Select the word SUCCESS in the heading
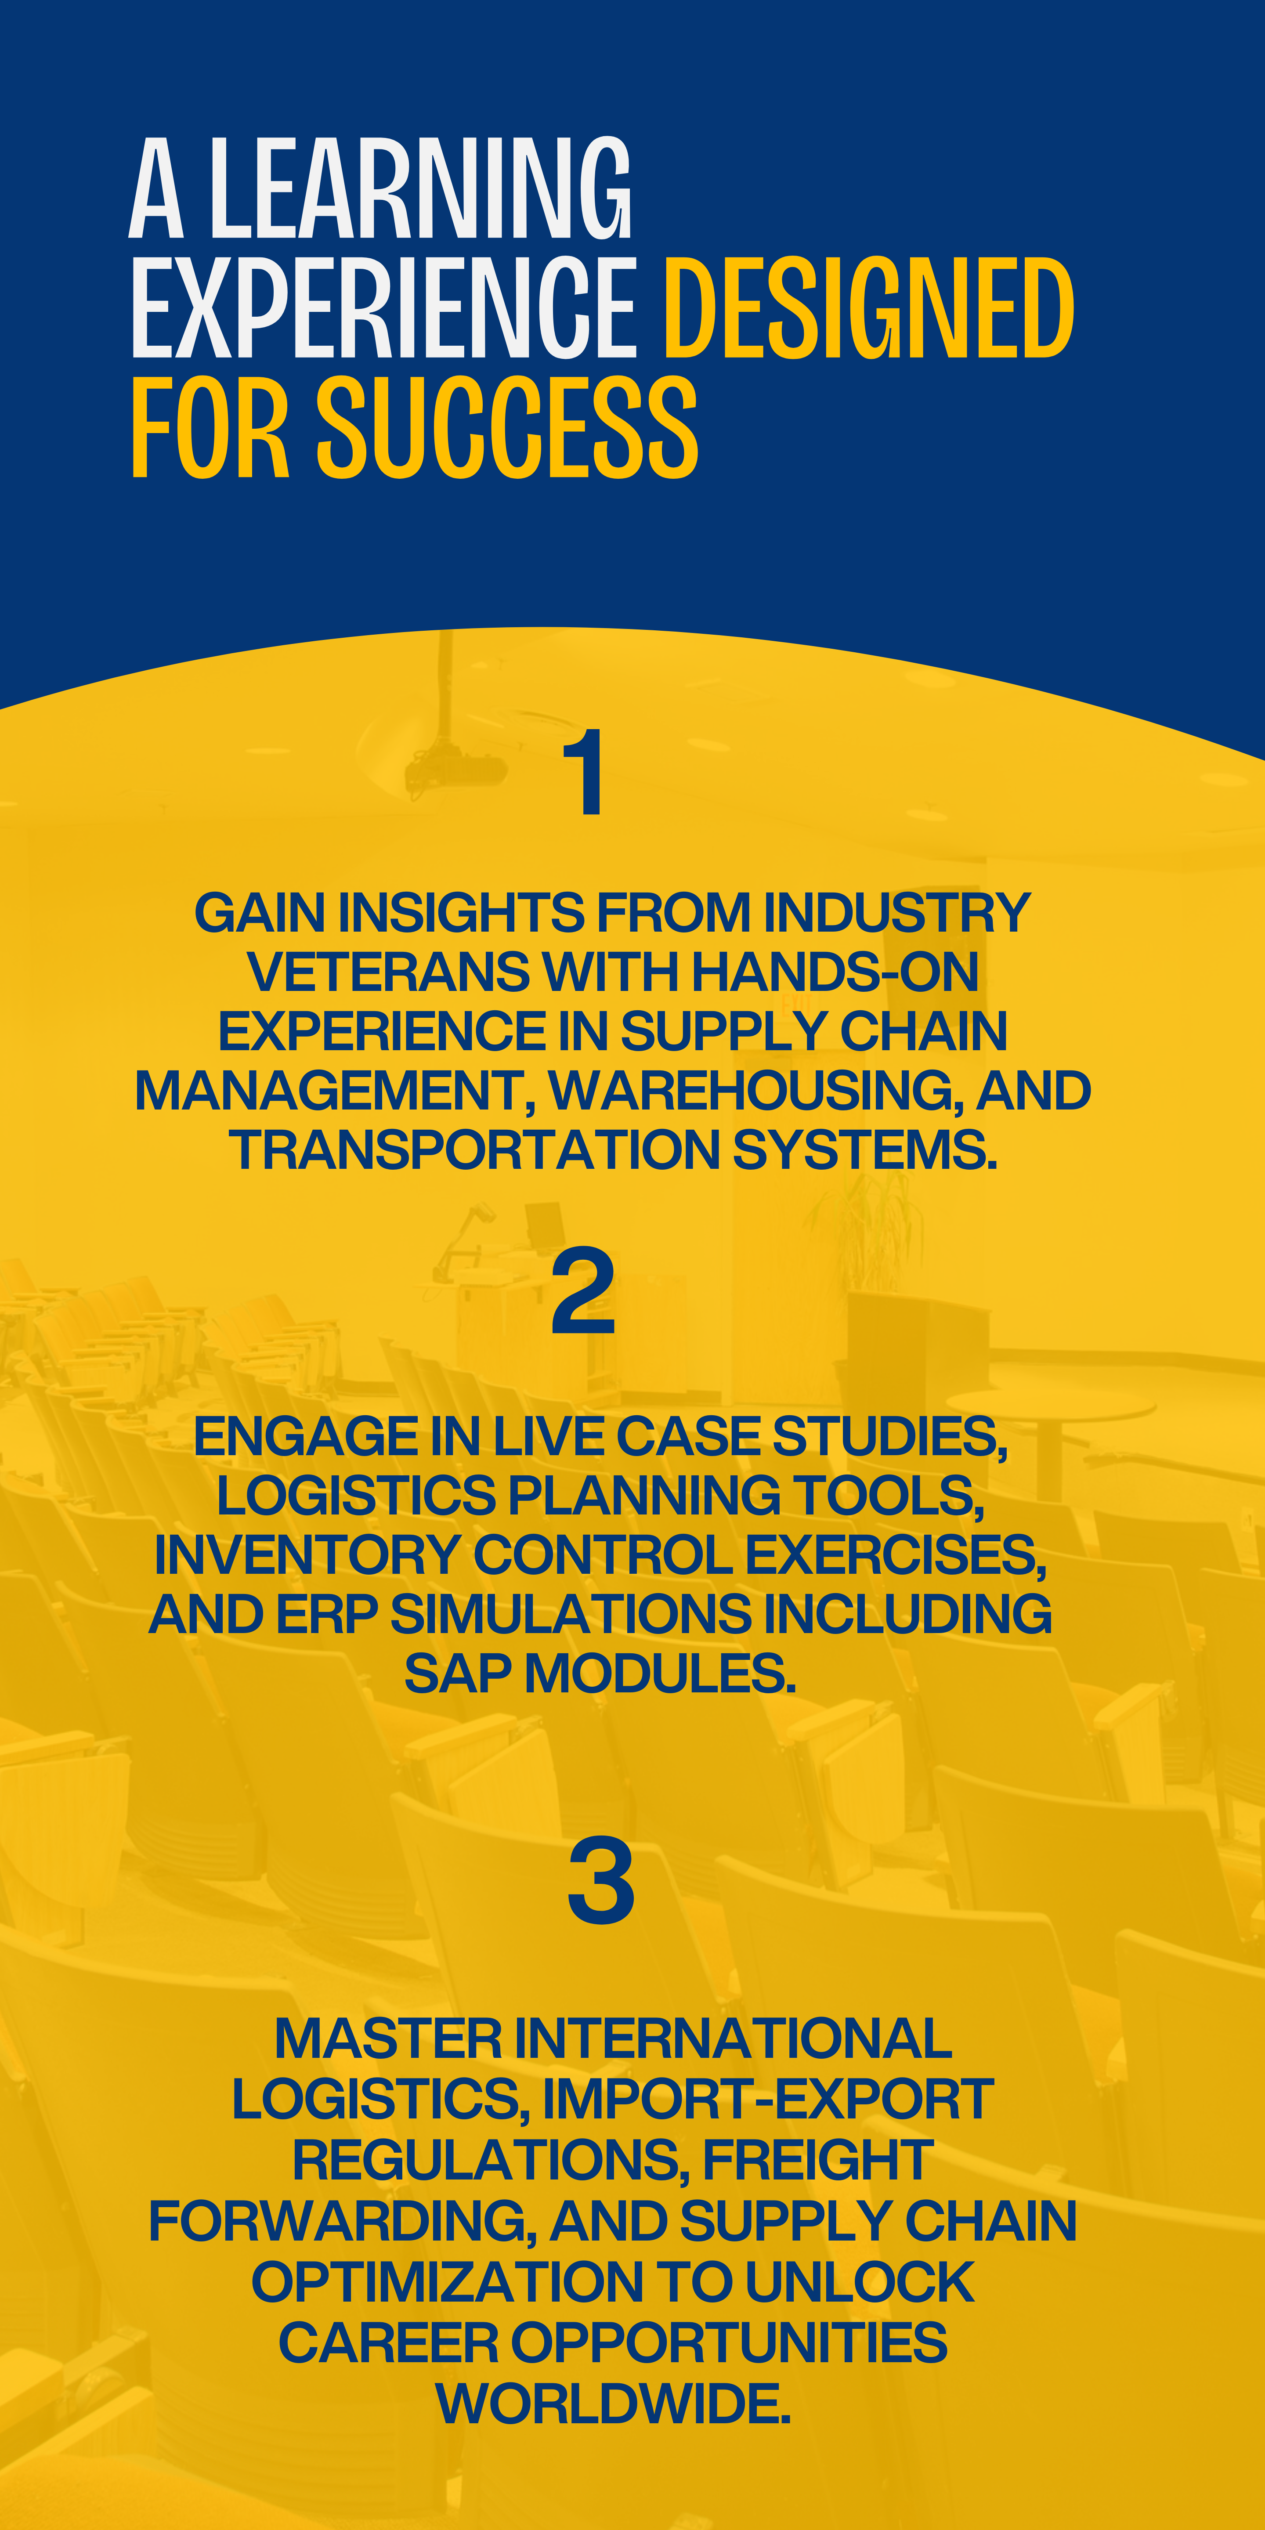pyautogui.click(x=507, y=428)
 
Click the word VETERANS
pyautogui.click(x=389, y=972)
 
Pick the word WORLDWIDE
pyautogui.click(x=613, y=2403)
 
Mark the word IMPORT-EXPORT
pyautogui.click(x=768, y=2099)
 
